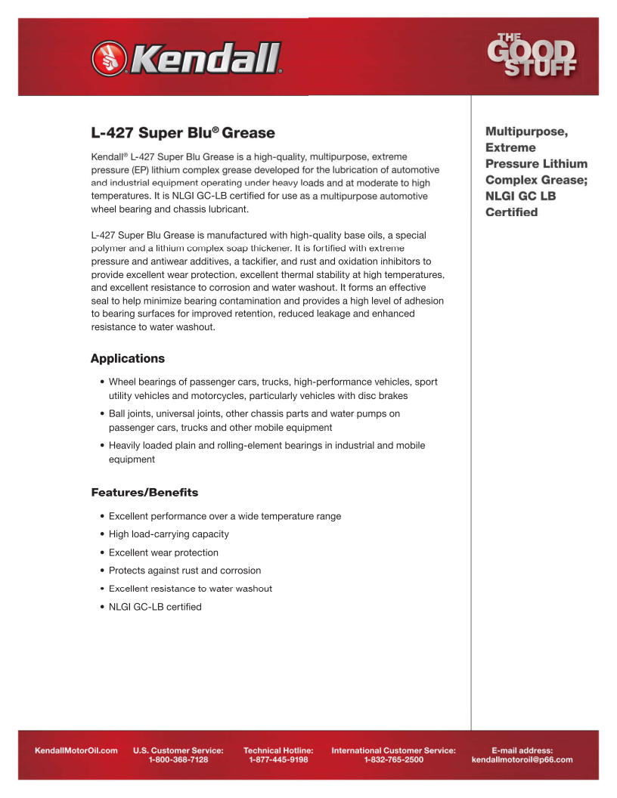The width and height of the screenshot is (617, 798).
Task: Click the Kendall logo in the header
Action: pos(186,57)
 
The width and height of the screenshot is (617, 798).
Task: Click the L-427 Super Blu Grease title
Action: pos(183,133)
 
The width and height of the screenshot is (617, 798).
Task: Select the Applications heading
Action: pos(128,358)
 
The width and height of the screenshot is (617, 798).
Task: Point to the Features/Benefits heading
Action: pos(144,493)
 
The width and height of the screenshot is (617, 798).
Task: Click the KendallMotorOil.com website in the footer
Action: pos(76,750)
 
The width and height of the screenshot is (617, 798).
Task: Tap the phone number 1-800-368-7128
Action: pos(178,759)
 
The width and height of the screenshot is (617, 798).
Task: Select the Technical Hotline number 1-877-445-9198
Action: pos(278,759)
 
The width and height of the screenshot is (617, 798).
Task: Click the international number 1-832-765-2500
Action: pos(393,759)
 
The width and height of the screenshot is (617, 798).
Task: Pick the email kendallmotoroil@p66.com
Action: pos(522,759)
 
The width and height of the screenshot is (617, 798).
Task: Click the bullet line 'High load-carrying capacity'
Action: pos(169,534)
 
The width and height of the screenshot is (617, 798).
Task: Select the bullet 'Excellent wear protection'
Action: pos(163,552)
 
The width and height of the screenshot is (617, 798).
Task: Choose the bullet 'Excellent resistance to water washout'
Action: pos(191,589)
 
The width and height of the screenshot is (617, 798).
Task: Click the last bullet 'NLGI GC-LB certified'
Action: pos(155,607)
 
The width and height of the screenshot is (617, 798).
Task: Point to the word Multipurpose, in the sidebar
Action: pos(526,131)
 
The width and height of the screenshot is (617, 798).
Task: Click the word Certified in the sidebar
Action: pos(512,212)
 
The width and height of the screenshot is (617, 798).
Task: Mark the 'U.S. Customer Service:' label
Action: pos(178,750)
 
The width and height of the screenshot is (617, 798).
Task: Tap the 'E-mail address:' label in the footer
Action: pos(522,750)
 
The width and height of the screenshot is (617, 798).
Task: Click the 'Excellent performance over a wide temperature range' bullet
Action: pos(225,516)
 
